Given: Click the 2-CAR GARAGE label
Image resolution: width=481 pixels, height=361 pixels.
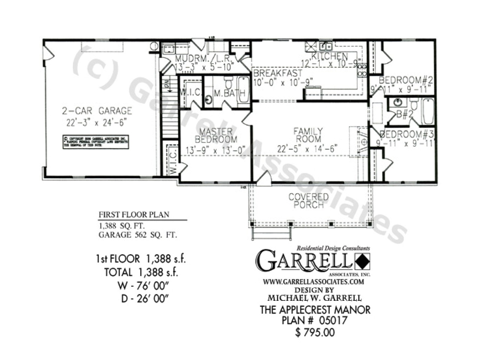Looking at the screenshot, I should click(x=97, y=111).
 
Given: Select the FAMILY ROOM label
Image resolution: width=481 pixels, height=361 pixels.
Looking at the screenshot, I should click(x=308, y=135).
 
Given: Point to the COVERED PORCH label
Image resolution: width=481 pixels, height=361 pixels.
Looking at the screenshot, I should click(x=309, y=201).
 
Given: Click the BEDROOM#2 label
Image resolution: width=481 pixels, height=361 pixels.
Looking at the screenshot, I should click(x=406, y=80).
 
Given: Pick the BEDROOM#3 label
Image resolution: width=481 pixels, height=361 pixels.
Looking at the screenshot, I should click(x=407, y=134).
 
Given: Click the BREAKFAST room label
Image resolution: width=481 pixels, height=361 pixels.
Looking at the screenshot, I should click(x=278, y=73).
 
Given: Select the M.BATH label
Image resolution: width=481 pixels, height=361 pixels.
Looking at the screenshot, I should click(x=230, y=93).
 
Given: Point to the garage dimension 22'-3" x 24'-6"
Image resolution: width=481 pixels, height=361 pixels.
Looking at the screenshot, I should click(x=97, y=122).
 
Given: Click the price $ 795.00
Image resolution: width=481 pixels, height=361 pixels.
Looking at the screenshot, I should click(x=315, y=332).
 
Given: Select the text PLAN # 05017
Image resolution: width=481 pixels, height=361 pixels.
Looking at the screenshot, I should click(x=315, y=321).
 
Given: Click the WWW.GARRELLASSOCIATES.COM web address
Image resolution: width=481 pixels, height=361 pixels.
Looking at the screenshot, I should click(x=313, y=281).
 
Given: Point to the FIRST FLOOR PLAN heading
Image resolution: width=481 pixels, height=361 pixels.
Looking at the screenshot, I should click(x=134, y=215).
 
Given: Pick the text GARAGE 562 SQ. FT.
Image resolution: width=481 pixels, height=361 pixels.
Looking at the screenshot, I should click(x=138, y=235).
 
